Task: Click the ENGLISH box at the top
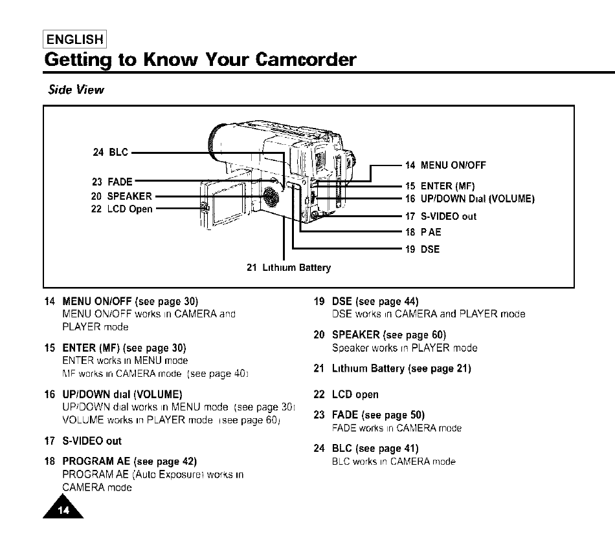[x=75, y=39]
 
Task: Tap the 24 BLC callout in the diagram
[x=111, y=153]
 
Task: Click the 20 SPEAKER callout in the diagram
[x=121, y=196]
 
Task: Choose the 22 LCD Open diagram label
[x=122, y=209]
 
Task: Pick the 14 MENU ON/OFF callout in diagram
[x=445, y=165]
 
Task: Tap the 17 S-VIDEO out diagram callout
[x=440, y=216]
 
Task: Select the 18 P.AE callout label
[x=423, y=232]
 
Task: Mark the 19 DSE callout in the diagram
[x=423, y=249]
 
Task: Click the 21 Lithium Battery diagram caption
[x=289, y=267]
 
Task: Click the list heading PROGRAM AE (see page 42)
[x=129, y=462]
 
